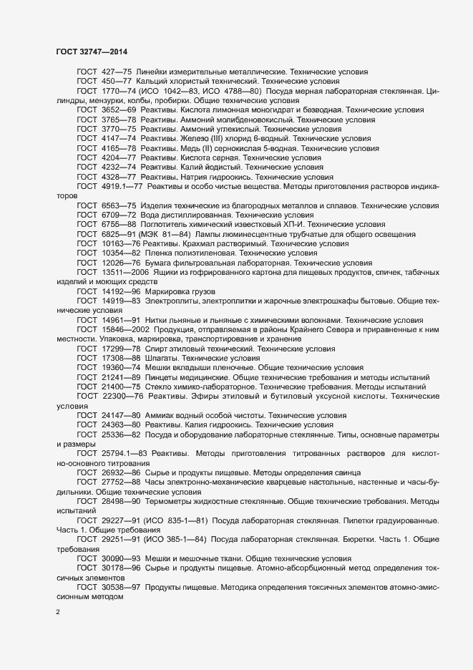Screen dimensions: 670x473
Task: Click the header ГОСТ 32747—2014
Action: pos(92,52)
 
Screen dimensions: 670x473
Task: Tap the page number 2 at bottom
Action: pos(58,612)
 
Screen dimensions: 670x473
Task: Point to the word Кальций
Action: pos(152,82)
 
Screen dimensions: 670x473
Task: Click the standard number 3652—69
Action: pos(119,110)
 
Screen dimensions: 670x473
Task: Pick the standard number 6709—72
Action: pos(119,213)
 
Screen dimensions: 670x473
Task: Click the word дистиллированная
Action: pos(194,213)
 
